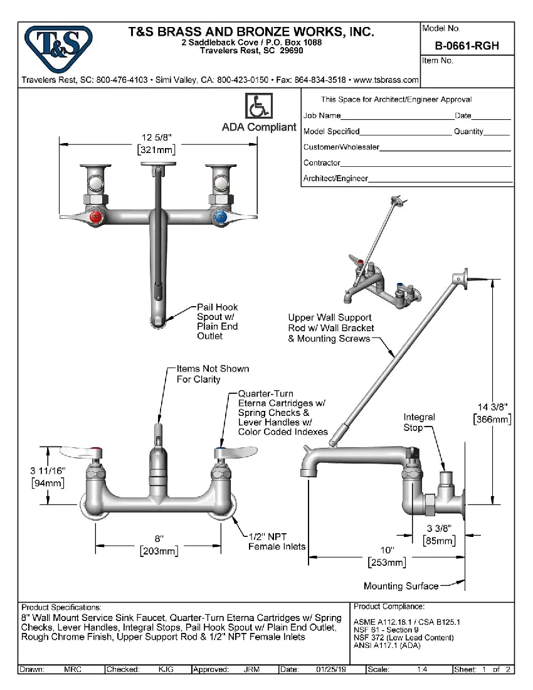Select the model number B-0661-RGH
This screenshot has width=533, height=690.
[467, 46]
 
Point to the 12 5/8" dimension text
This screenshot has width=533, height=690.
[156, 138]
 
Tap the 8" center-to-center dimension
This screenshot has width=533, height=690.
[159, 538]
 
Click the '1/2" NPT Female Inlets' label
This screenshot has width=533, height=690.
[277, 541]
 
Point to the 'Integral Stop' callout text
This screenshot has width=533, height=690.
[419, 422]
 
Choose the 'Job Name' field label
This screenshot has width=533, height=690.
[322, 115]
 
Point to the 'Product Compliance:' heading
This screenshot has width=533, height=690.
[389, 607]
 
